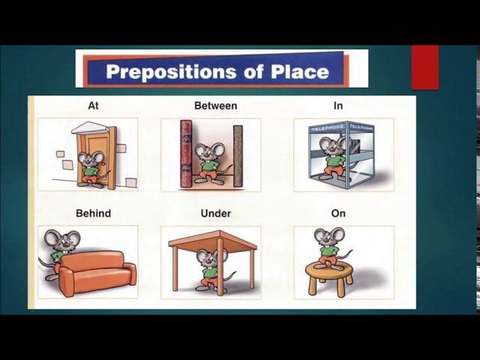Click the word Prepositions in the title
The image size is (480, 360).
click(171, 72)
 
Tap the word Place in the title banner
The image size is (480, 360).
click(300, 71)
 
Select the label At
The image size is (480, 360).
click(93, 106)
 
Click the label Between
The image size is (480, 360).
click(216, 106)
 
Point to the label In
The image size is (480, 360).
click(338, 106)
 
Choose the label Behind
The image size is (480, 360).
click(93, 213)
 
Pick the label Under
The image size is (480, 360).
click(216, 213)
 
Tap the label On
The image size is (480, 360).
click(338, 213)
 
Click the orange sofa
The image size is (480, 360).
click(97, 272)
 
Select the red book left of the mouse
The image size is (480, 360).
click(186, 154)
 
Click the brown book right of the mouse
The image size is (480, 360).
click(238, 156)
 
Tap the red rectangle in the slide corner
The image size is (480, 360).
click(425, 67)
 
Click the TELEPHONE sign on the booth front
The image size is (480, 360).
click(328, 127)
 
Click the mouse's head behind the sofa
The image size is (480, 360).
click(62, 240)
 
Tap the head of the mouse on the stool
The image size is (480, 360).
click(329, 235)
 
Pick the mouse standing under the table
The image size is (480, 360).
click(211, 269)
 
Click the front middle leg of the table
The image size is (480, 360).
click(220, 265)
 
